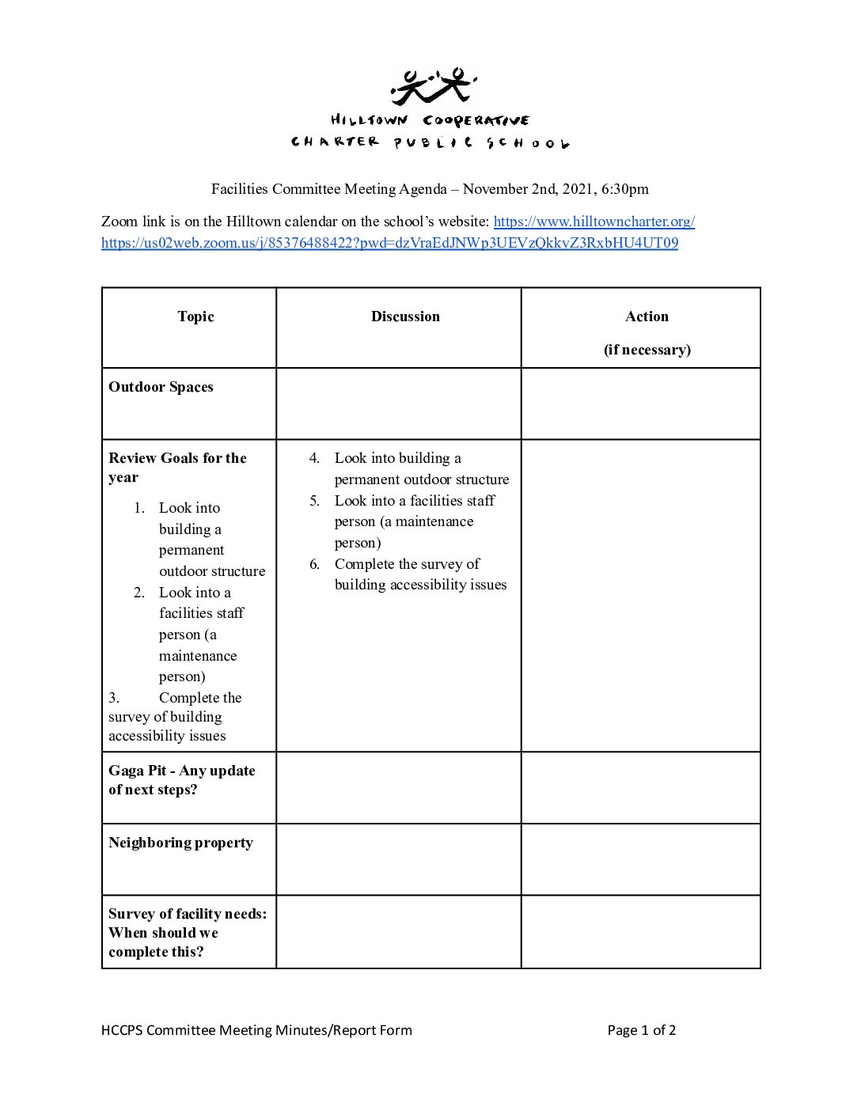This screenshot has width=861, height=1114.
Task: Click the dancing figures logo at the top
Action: click(434, 87)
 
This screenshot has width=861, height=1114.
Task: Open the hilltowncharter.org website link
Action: click(594, 222)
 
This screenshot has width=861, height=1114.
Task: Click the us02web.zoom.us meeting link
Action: click(389, 243)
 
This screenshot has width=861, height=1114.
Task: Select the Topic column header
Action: click(195, 316)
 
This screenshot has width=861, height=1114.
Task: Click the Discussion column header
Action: click(405, 316)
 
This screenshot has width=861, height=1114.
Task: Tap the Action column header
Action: click(647, 316)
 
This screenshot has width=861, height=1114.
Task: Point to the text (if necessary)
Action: click(647, 350)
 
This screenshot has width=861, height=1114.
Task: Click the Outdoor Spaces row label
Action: click(161, 387)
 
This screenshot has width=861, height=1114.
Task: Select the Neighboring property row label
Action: click(180, 843)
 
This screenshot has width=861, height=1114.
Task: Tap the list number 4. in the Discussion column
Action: click(314, 458)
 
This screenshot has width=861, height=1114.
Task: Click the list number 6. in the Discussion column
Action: click(314, 564)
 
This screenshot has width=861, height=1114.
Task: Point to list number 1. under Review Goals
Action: click(139, 508)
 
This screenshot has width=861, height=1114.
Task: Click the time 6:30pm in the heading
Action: click(625, 189)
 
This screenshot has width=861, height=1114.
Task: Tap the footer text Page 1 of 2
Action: click(641, 1030)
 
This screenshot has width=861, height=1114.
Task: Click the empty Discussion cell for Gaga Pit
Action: click(398, 787)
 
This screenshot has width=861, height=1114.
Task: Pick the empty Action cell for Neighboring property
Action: click(640, 859)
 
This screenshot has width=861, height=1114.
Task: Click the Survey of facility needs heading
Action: click(188, 914)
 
